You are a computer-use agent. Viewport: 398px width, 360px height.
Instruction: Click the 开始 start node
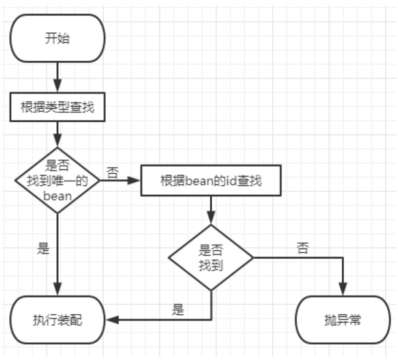(x=57, y=39)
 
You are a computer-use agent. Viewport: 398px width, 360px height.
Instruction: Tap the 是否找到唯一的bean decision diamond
(x=57, y=180)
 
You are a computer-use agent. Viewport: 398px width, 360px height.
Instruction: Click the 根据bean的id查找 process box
(x=210, y=180)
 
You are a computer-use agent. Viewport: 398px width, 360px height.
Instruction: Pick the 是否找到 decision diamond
(x=210, y=257)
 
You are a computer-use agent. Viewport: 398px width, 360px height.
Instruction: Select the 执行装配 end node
(x=57, y=320)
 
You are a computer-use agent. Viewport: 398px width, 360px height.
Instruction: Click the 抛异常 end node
(x=343, y=320)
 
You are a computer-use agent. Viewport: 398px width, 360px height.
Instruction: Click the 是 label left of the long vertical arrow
(x=43, y=250)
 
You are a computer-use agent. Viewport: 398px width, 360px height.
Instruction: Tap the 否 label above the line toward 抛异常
(x=303, y=248)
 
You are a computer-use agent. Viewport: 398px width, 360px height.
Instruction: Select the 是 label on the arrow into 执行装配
(x=178, y=309)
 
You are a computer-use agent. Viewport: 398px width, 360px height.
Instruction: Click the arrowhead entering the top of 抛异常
(x=343, y=290)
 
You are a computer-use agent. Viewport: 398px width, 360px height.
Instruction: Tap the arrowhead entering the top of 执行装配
(x=57, y=290)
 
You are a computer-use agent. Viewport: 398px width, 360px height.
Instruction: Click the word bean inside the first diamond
(x=57, y=196)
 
